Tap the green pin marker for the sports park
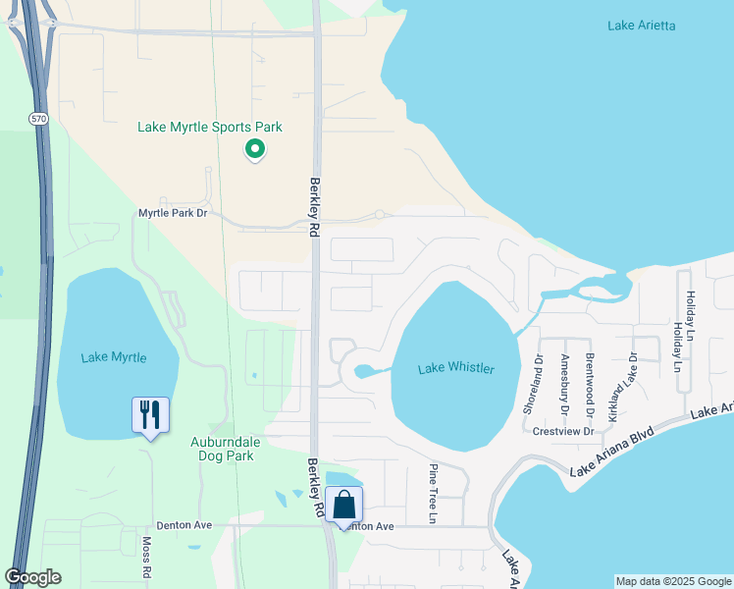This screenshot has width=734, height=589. tap(255, 149)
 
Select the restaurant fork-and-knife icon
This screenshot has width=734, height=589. tap(150, 414)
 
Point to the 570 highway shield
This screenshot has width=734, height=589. tap(38, 119)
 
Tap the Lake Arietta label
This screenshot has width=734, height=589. tap(642, 25)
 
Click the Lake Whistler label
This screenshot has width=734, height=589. tap(455, 369)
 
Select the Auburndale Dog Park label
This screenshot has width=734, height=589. tap(222, 449)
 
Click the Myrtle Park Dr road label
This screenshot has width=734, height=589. tap(174, 212)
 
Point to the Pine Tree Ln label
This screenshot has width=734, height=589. tap(433, 493)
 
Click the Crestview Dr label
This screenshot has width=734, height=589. tap(563, 431)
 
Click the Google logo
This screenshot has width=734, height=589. tap(32, 577)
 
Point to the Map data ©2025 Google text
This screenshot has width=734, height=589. tap(673, 581)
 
